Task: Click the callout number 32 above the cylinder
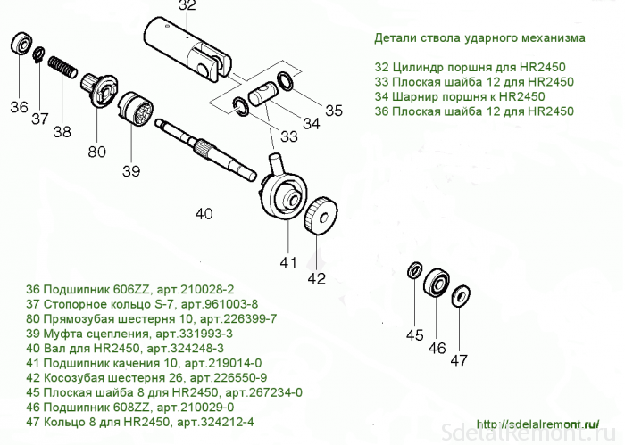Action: pyautogui.click(x=187, y=5)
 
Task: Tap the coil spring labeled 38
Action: pyautogui.click(x=63, y=67)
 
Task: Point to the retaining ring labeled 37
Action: pyautogui.click(x=38, y=55)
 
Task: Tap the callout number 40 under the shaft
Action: pyautogui.click(x=204, y=214)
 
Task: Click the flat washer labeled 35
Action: pyautogui.click(x=286, y=80)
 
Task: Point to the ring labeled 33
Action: pyautogui.click(x=241, y=106)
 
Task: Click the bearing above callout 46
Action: pyautogui.click(x=437, y=284)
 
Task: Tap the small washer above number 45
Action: pyautogui.click(x=415, y=271)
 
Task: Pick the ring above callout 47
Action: pyautogui.click(x=461, y=296)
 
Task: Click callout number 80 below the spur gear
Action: pyautogui.click(x=96, y=152)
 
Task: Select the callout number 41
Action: pyautogui.click(x=287, y=263)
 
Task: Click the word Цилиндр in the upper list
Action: pyautogui.click(x=413, y=67)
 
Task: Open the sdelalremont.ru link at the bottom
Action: pyautogui.click(x=537, y=424)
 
